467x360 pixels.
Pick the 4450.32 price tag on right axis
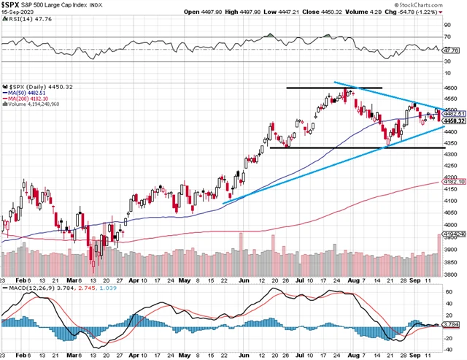point(455,121)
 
